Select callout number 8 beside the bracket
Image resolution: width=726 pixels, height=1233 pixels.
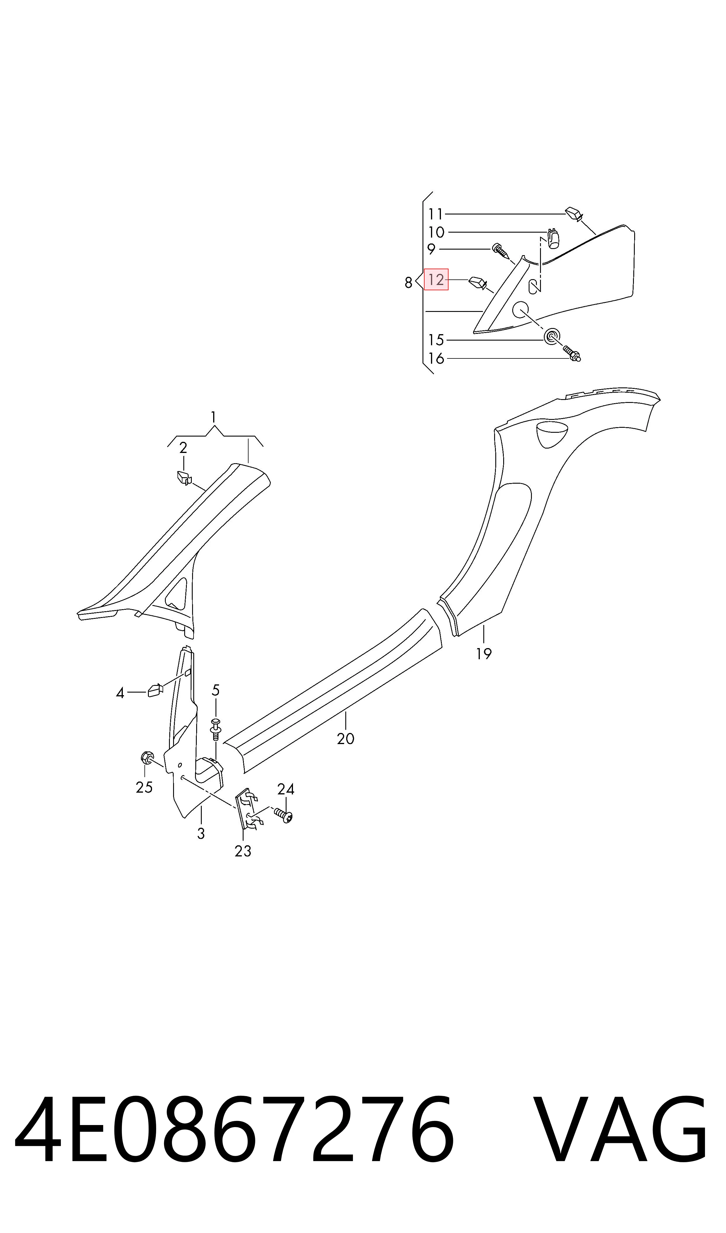coord(408,283)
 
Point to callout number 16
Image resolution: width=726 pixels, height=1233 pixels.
coord(436,359)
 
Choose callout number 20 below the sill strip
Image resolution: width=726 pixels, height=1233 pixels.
coord(345,739)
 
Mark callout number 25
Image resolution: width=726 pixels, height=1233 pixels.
coord(144,788)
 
